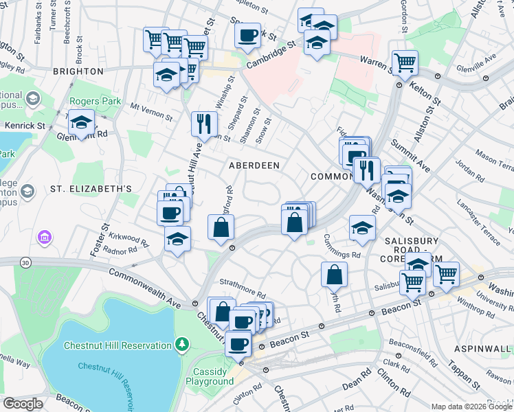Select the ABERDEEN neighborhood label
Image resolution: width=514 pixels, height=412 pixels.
[x=254, y=165]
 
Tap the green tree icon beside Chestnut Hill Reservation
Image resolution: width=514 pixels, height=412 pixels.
[x=182, y=343]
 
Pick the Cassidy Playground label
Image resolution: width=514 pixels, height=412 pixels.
[x=209, y=376]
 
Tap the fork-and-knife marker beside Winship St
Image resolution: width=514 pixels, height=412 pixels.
[x=204, y=124]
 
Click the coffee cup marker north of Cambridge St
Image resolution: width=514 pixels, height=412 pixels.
[x=247, y=34]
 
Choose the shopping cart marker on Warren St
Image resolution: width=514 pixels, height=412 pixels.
[x=405, y=63]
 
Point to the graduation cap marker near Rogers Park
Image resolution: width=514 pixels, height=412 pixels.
[x=82, y=123]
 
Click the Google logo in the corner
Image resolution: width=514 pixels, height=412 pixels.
[x=23, y=404]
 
